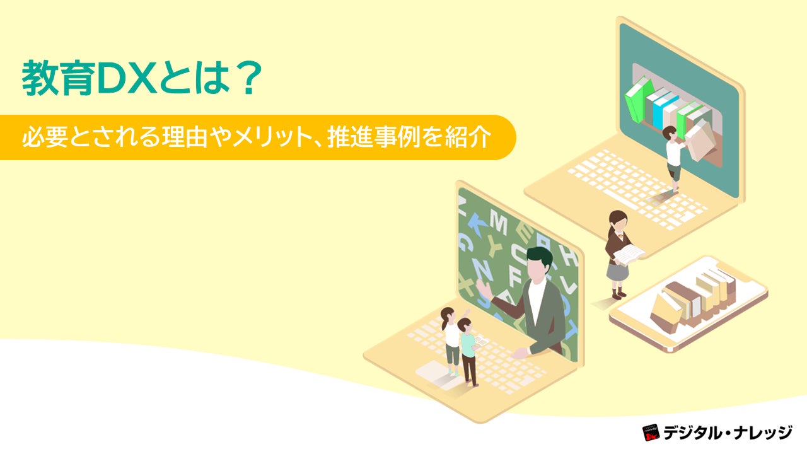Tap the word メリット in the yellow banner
click(x=269, y=137)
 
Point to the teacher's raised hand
click(x=482, y=288)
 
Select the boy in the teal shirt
click(x=468, y=350)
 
